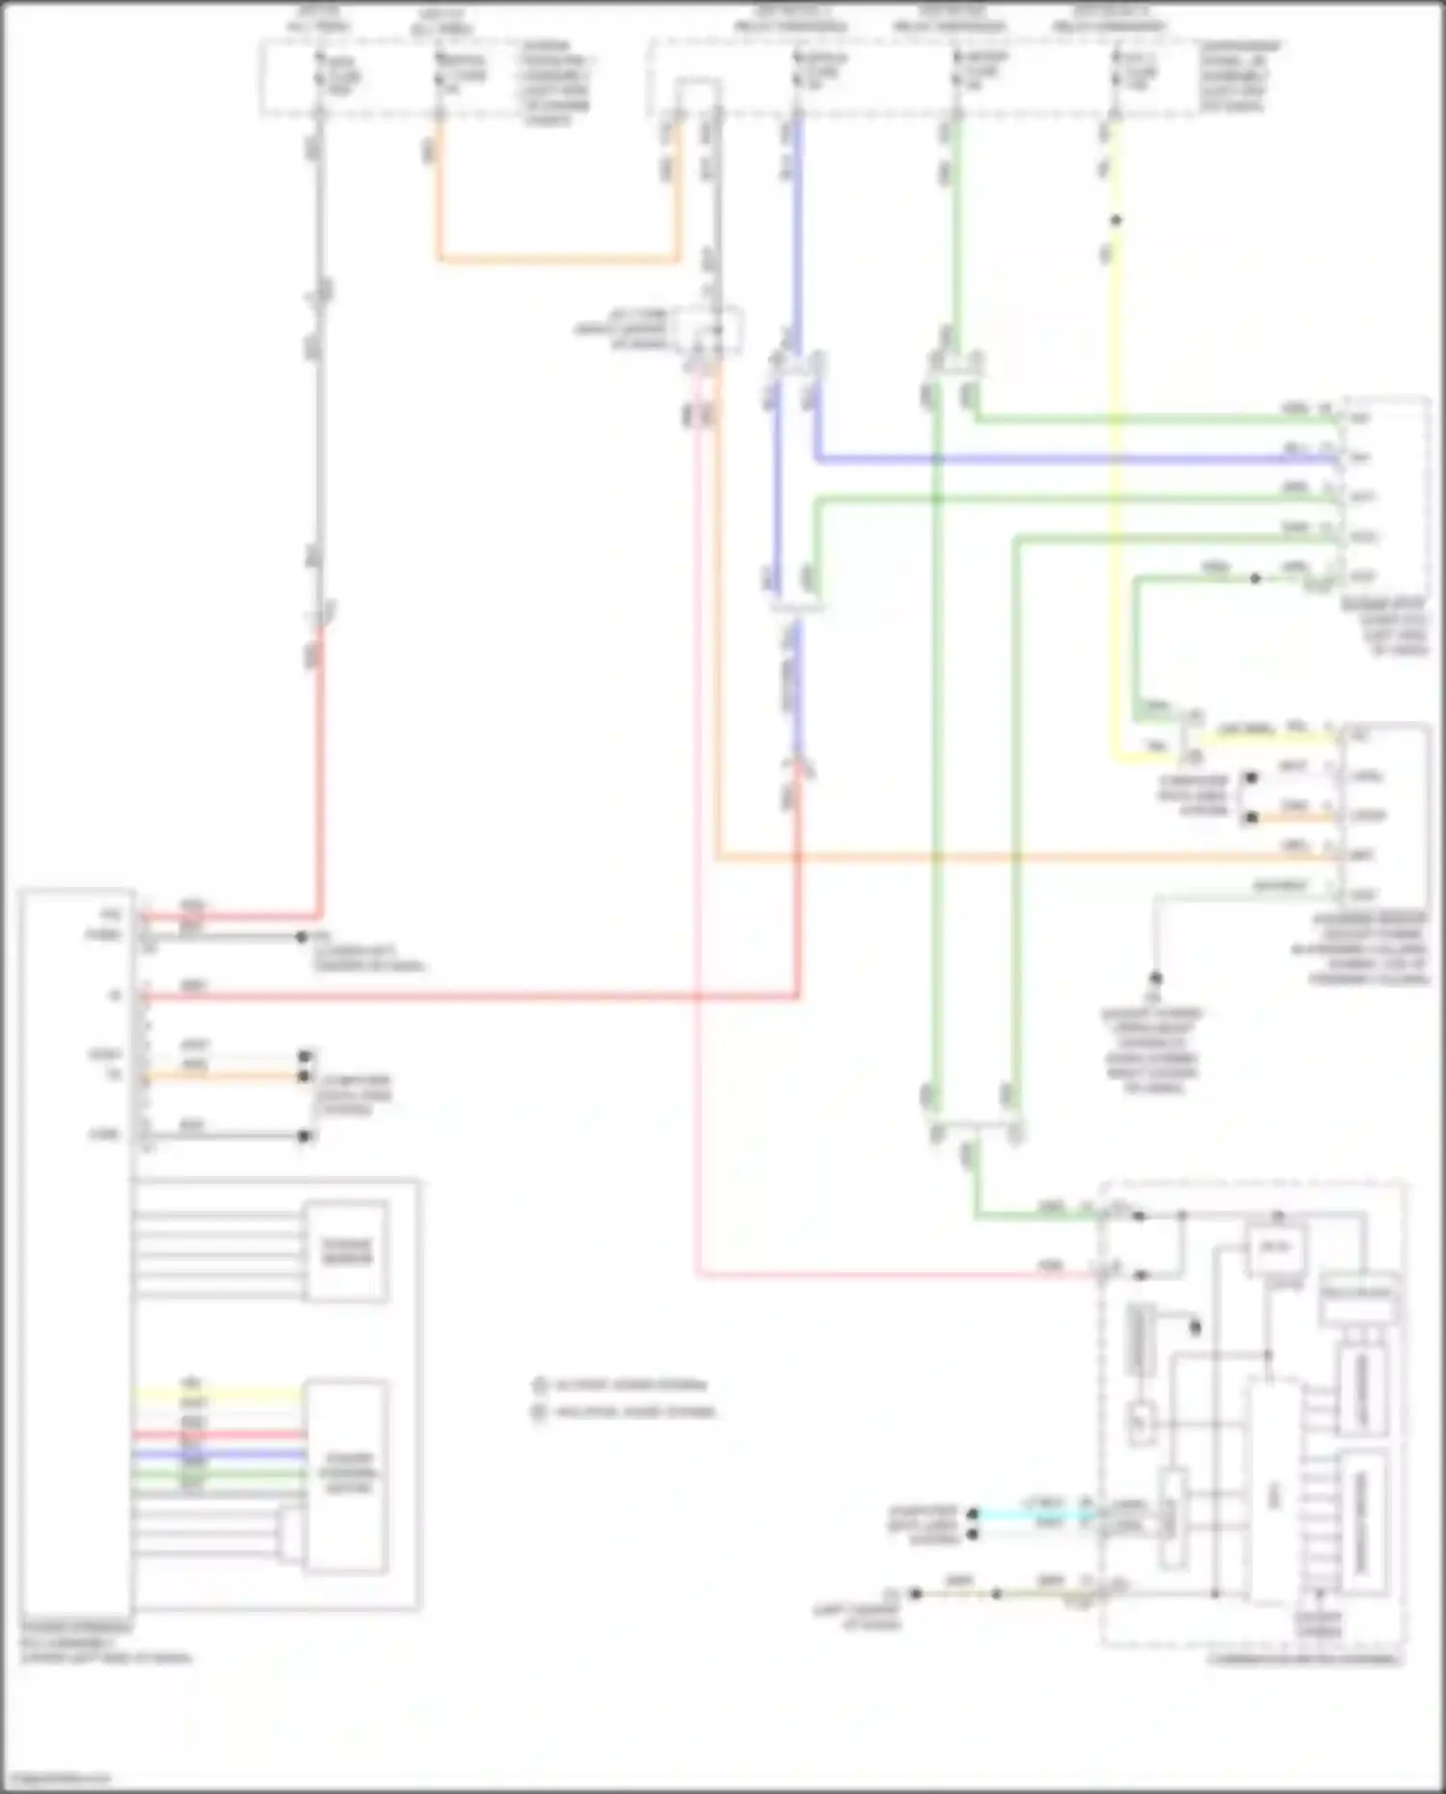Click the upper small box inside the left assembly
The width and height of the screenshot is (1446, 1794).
click(x=346, y=1250)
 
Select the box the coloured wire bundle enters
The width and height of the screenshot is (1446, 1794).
click(x=346, y=1476)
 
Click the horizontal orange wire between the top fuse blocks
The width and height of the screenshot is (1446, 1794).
click(x=559, y=258)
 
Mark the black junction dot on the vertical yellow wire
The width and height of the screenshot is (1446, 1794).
click(x=1115, y=220)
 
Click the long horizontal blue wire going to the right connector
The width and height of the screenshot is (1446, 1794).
click(x=1060, y=459)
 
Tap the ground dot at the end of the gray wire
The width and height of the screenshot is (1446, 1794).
click(x=1155, y=978)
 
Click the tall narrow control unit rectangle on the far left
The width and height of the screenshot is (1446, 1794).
click(x=75, y=1253)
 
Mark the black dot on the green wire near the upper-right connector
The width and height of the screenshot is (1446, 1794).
click(x=1255, y=578)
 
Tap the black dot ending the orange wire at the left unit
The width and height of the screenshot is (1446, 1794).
click(x=305, y=1076)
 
